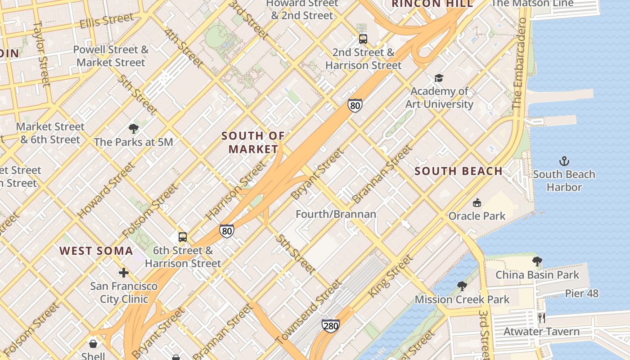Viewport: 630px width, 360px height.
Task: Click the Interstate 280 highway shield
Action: pyautogui.click(x=331, y=326)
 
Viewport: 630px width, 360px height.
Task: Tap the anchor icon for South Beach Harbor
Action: pyautogui.click(x=564, y=161)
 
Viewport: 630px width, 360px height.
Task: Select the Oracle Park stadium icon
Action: pyautogui.click(x=477, y=203)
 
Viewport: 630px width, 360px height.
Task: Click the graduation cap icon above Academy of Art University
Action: pyautogui.click(x=439, y=78)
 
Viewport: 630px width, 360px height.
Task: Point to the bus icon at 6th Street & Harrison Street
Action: pyautogui.click(x=182, y=237)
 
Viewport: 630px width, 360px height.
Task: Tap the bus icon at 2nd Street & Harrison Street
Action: pyautogui.click(x=363, y=39)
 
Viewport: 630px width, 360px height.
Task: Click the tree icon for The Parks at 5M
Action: pyautogui.click(x=133, y=129)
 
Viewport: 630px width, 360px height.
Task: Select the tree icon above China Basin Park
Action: pyautogui.click(x=537, y=261)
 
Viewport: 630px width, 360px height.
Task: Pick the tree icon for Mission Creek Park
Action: pyautogui.click(x=462, y=286)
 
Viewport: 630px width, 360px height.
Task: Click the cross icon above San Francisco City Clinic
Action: pyautogui.click(x=124, y=273)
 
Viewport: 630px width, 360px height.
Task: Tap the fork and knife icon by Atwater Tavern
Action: pyautogui.click(x=542, y=318)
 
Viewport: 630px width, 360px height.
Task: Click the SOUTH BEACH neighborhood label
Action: pyautogui.click(x=458, y=171)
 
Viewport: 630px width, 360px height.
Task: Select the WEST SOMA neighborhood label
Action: pyautogui.click(x=96, y=251)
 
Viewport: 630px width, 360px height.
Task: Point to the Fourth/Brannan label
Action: pyautogui.click(x=336, y=214)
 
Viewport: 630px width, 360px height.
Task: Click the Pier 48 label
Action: pyautogui.click(x=582, y=294)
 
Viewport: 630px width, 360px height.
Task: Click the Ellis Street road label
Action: pyautogui.click(x=107, y=21)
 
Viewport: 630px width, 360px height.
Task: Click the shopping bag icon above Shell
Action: pyautogui.click(x=93, y=344)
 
